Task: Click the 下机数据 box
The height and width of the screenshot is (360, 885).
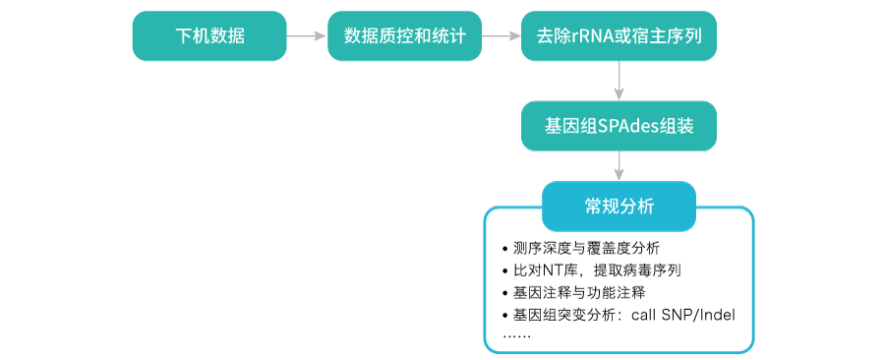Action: pyautogui.click(x=209, y=36)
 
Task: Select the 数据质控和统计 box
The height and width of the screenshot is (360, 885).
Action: pyautogui.click(x=404, y=36)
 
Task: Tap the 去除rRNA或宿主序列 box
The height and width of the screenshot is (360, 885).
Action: pyautogui.click(x=619, y=36)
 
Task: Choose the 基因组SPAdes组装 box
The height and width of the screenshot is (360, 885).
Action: pyautogui.click(x=619, y=126)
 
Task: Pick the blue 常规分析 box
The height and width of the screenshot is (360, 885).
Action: pyautogui.click(x=619, y=207)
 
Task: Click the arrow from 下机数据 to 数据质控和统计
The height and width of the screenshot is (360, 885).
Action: pyautogui.click(x=307, y=36)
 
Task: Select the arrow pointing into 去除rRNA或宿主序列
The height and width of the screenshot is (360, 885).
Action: pyautogui.click(x=501, y=36)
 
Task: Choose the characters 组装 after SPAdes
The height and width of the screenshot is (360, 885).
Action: pyautogui.click(x=676, y=127)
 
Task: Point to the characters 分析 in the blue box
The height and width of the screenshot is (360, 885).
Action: pyautogui.click(x=636, y=207)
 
